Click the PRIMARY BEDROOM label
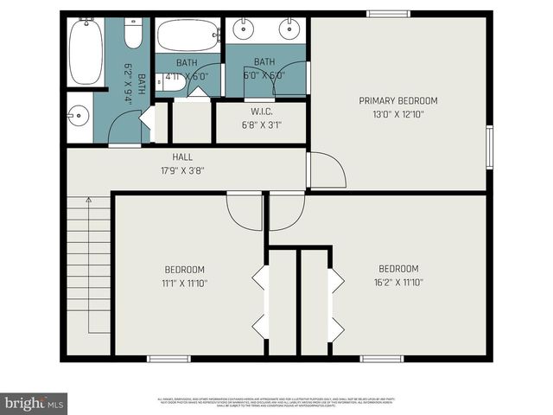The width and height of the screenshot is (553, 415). click(x=398, y=100)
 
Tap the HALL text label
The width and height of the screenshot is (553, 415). click(x=182, y=157)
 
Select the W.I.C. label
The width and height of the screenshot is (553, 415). click(x=262, y=112)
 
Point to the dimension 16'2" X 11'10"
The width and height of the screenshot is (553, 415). click(x=398, y=282)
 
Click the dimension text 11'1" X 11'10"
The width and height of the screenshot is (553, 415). click(x=184, y=283)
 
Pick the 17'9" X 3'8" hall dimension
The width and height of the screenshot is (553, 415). click(x=182, y=170)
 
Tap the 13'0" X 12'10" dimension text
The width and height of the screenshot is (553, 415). click(x=398, y=114)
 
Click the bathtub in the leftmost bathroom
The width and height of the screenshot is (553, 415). click(x=86, y=52)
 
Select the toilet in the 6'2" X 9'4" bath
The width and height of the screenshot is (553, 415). click(x=133, y=34)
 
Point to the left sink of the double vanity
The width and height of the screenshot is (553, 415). click(x=243, y=29)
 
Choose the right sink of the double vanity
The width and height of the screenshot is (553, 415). click(x=288, y=29)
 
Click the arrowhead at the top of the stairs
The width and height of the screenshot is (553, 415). click(x=87, y=201)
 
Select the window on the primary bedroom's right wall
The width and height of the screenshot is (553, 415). click(x=489, y=147)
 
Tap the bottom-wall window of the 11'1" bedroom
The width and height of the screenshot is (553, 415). click(x=168, y=358)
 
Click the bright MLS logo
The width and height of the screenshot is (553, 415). click(x=34, y=403)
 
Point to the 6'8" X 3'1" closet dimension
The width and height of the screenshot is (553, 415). click(x=262, y=125)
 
